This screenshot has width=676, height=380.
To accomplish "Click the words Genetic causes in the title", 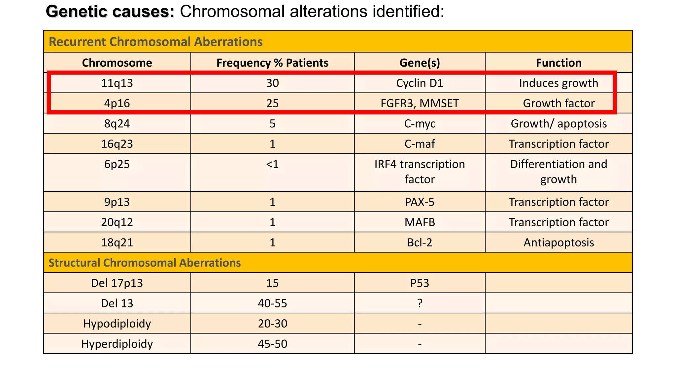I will pos(110,12).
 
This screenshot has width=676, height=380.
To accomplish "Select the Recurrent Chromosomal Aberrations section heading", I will pos(155,42).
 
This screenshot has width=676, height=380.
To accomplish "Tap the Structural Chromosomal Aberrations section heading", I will pos(145,263).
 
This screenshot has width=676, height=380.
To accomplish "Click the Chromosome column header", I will pos(117,63).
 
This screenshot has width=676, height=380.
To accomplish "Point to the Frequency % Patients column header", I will pos(272,63).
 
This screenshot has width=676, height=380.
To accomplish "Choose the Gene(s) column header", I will pos(420,63).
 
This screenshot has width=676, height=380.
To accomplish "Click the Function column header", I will pos(558,63).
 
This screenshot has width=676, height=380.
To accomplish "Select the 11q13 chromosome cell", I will pos(117,83).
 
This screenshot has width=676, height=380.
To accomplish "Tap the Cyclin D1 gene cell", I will pos(420,83).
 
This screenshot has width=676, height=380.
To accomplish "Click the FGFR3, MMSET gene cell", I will pos(420,104).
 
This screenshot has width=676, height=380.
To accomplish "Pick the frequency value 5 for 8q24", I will pos(272,124).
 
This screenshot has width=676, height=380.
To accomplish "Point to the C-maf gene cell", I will pos(420,144).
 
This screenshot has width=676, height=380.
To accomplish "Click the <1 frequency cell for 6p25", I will pos(272,164).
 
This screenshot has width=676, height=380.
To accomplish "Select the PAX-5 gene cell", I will pos(420,202).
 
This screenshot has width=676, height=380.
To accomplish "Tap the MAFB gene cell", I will pos(420,222).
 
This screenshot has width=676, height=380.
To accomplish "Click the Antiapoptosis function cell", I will pos(558,243).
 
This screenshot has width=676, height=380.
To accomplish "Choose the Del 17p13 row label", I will pos(117,283).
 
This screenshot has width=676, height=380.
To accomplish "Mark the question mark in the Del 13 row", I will pos(420,303).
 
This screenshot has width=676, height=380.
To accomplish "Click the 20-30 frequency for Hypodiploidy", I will pos(272,324).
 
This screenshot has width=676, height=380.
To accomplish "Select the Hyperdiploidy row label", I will pos(117,344).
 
